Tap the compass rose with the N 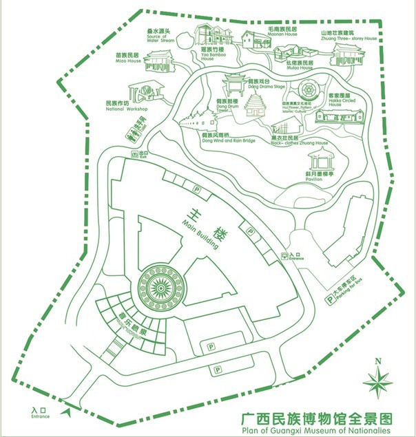point(378,379)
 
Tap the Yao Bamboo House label point(212,54)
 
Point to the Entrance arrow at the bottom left point(67,411)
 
